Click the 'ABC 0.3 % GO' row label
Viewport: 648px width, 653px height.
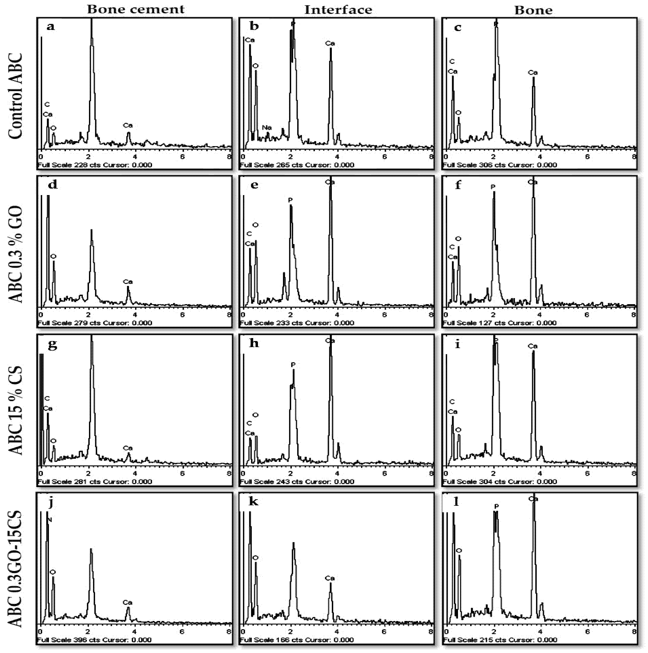click(16, 254)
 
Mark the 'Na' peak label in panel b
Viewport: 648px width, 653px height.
click(267, 128)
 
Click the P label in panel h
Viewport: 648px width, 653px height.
click(293, 365)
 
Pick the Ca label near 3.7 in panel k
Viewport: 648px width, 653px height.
click(330, 578)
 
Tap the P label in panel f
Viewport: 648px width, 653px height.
click(493, 187)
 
